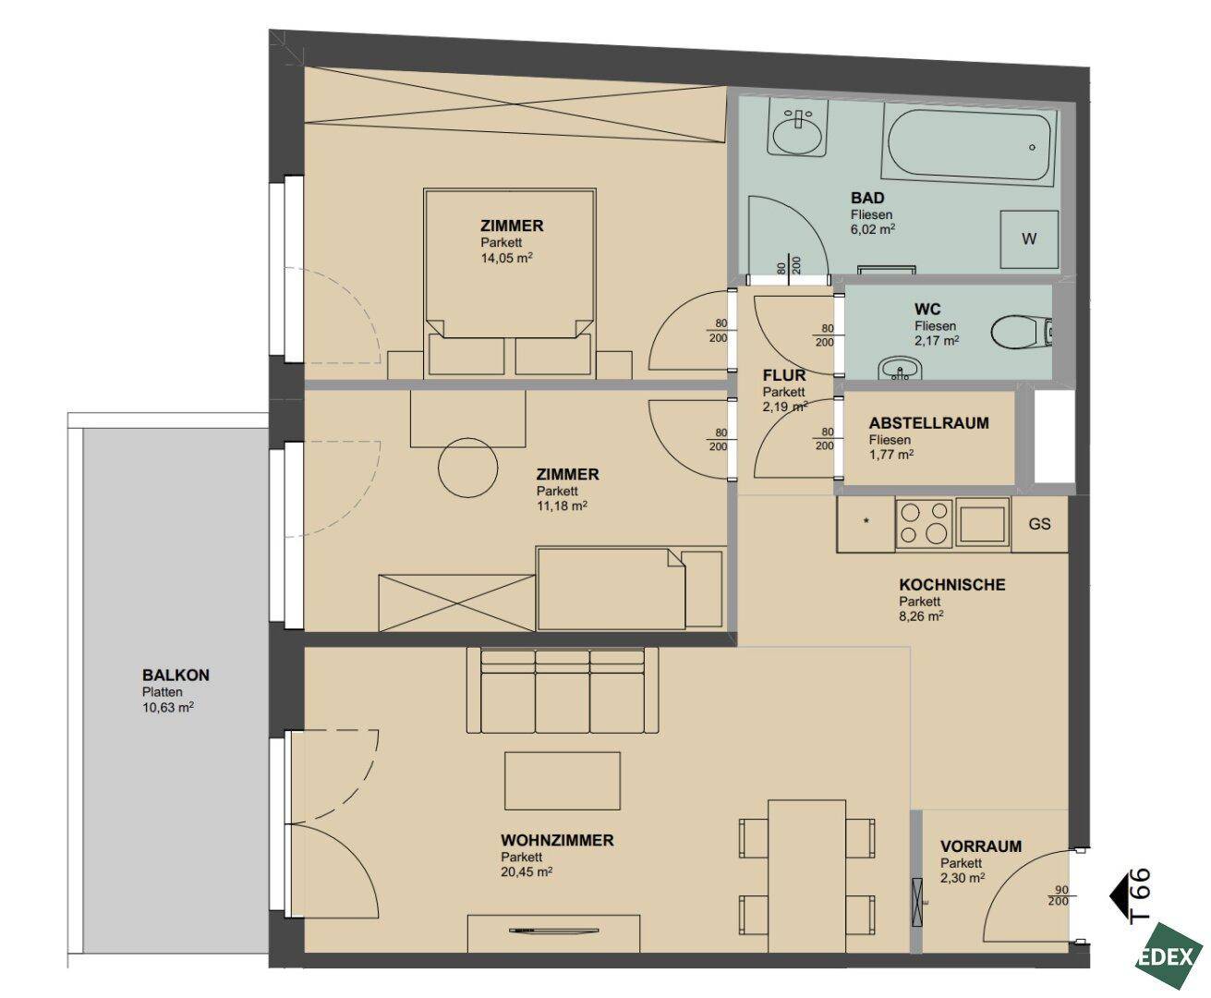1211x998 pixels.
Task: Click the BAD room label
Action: pyautogui.click(x=867, y=198)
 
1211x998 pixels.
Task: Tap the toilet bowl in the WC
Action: pyautogui.click(x=1022, y=333)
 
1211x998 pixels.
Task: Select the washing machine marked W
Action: pyautogui.click(x=1029, y=238)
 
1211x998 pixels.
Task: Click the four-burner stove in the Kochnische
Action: pyautogui.click(x=924, y=523)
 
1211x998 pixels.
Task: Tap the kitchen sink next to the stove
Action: pyautogui.click(x=983, y=523)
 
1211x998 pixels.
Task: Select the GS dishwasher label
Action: pyautogui.click(x=1039, y=524)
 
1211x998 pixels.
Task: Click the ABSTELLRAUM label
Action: pyautogui.click(x=928, y=423)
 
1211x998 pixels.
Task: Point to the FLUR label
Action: pyautogui.click(x=783, y=375)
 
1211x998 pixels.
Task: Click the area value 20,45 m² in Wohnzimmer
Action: pyautogui.click(x=526, y=871)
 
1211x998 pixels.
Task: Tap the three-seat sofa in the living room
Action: pyautogui.click(x=563, y=691)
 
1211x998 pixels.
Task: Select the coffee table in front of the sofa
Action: pyautogui.click(x=562, y=781)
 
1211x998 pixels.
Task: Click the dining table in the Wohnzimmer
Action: pyautogui.click(x=806, y=876)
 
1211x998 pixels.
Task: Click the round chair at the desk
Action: pyautogui.click(x=468, y=468)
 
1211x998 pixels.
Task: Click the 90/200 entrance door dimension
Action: pyautogui.click(x=1060, y=895)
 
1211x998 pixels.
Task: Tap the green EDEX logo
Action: pyautogui.click(x=1169, y=957)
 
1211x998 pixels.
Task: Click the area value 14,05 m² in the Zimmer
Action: pyautogui.click(x=506, y=258)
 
